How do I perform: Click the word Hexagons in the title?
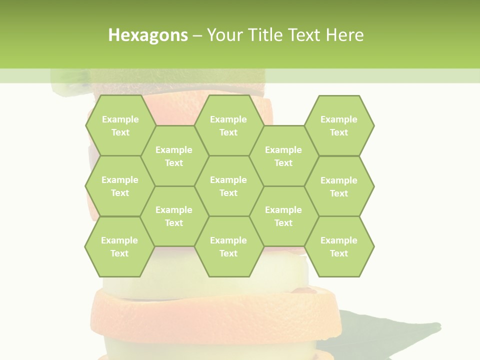point(148,35)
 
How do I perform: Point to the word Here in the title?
point(345,35)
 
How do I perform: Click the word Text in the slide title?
point(305,35)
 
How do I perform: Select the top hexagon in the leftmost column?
point(120,125)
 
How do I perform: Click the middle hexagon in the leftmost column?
point(120,186)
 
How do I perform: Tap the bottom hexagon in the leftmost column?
point(119,246)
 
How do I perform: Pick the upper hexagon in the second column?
point(174,156)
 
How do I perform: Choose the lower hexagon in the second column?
point(174,216)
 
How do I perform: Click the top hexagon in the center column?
point(228,125)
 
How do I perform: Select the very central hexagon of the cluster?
point(228,186)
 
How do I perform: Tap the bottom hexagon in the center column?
point(228,246)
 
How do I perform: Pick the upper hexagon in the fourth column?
point(283,156)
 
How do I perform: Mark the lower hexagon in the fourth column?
point(283,216)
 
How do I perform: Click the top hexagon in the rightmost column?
point(339,125)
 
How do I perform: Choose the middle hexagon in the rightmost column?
point(339,186)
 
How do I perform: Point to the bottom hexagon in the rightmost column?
point(339,246)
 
